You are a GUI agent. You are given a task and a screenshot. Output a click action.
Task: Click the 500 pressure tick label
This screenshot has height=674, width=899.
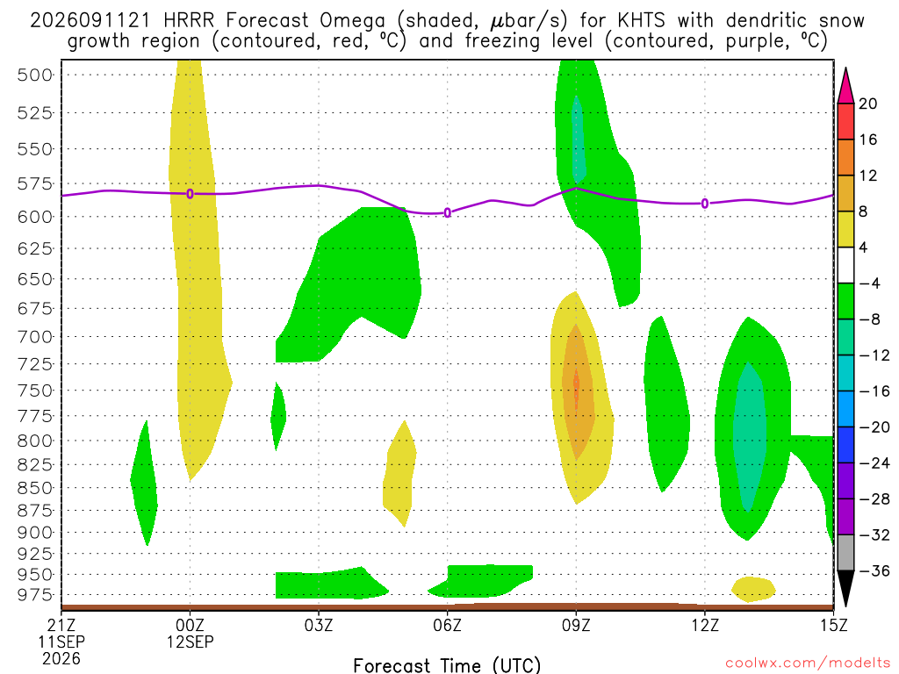pos(34,75)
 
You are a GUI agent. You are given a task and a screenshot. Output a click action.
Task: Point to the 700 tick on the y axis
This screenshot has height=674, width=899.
pos(34,336)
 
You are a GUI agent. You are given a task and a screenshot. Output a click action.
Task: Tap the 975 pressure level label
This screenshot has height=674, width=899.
pos(34,595)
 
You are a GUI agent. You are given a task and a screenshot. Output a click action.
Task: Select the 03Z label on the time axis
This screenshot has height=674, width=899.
pos(318,625)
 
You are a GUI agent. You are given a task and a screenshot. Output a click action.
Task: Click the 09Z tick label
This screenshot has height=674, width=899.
pos(576,625)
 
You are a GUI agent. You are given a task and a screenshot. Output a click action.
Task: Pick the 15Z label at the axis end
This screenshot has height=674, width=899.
pos(833,625)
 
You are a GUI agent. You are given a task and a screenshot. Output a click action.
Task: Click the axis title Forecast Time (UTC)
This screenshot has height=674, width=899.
pos(447,665)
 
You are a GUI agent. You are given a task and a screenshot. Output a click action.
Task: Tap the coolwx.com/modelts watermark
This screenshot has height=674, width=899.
pos(808,663)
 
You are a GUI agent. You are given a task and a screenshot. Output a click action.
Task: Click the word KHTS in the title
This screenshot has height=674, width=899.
pos(641,21)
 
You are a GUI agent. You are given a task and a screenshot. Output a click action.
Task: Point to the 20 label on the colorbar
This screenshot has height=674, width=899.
pos(867,104)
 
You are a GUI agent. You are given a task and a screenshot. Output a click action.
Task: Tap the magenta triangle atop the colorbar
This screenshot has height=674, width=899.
pos(845,87)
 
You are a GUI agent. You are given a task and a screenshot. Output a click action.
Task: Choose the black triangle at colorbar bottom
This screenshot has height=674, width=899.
pos(845,587)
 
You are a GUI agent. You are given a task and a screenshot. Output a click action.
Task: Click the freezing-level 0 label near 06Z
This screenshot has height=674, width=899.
pos(447,213)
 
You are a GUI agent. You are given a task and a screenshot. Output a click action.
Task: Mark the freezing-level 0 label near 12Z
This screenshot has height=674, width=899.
pos(705,204)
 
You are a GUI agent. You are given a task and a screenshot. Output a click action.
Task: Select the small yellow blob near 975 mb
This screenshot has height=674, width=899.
pos(753,589)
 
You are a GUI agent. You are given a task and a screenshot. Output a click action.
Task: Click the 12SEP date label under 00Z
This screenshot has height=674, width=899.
pos(190,642)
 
